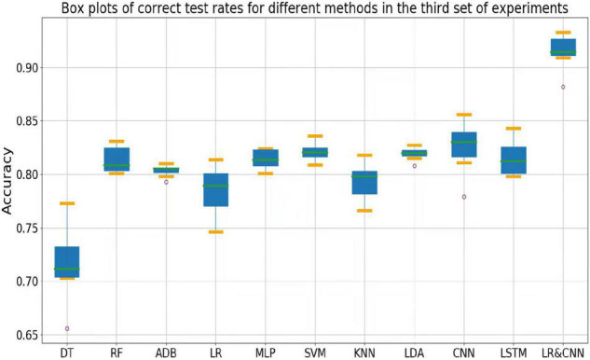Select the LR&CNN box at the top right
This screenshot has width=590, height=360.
[563, 47]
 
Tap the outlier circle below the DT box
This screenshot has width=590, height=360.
[67, 328]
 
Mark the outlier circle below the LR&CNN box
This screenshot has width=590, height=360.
[563, 87]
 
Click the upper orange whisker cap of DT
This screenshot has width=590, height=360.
[67, 203]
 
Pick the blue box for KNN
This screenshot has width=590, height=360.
[364, 183]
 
